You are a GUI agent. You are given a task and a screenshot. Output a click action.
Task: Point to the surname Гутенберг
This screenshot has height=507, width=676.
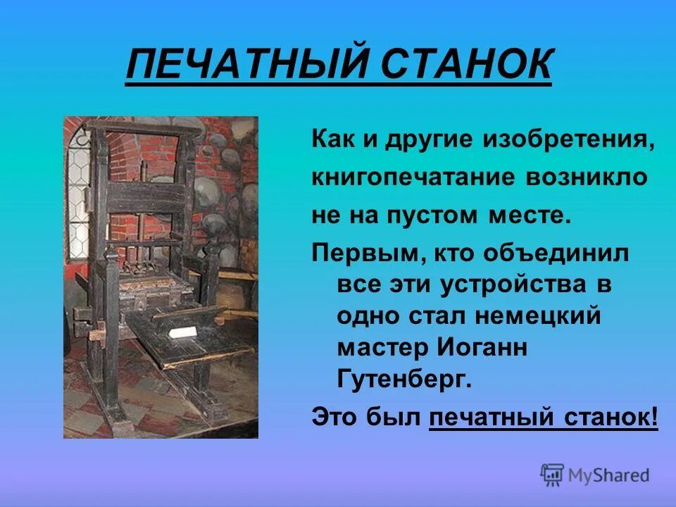click(x=403, y=380)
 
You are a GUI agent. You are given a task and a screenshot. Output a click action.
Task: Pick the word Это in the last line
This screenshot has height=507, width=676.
click(x=334, y=418)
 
